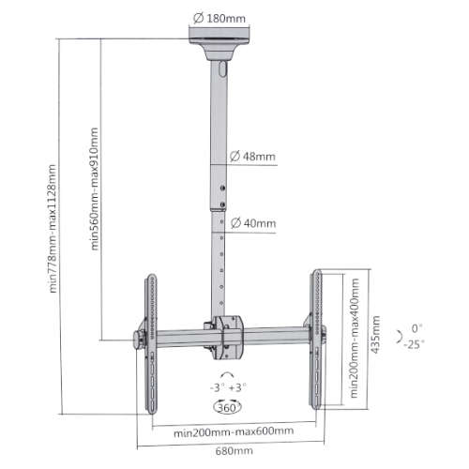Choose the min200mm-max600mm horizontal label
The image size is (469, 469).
[231, 431]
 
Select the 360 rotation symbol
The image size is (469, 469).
[225, 408]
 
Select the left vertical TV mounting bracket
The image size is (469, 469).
[149, 342]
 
